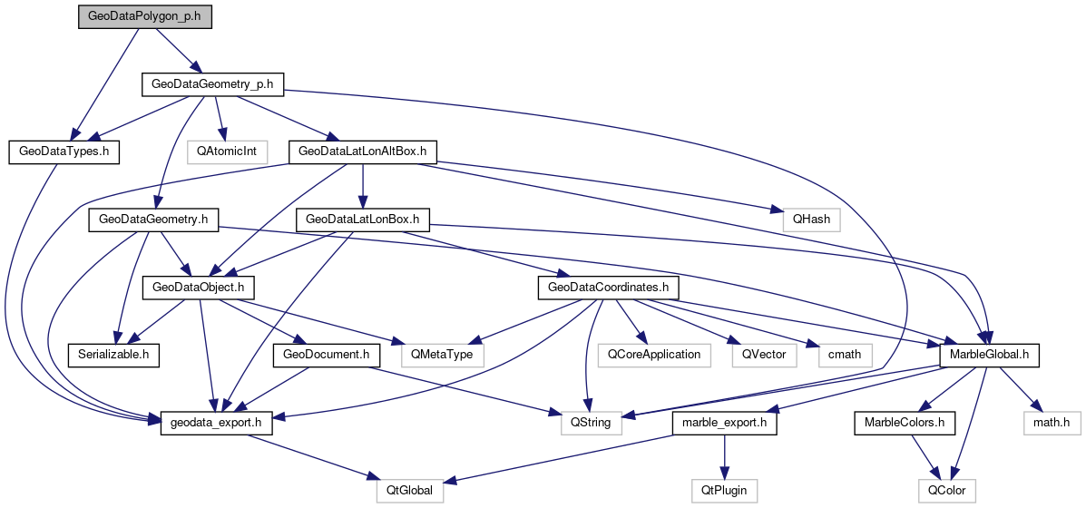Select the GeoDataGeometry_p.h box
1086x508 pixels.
coord(213,84)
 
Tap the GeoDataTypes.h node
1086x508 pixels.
coord(64,151)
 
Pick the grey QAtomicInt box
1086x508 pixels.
coord(227,151)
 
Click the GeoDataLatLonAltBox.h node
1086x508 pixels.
coord(362,151)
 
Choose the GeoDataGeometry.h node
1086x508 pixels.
coord(153,219)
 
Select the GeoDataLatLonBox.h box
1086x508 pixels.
coord(362,219)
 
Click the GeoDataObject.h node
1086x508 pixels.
coord(198,287)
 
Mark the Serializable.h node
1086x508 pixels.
coord(113,354)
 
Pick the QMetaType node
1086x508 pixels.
coord(442,354)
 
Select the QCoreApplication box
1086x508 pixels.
coord(653,354)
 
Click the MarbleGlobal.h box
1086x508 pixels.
coord(988,354)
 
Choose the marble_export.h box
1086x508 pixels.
coord(724,422)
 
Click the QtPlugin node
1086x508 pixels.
coord(724,490)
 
